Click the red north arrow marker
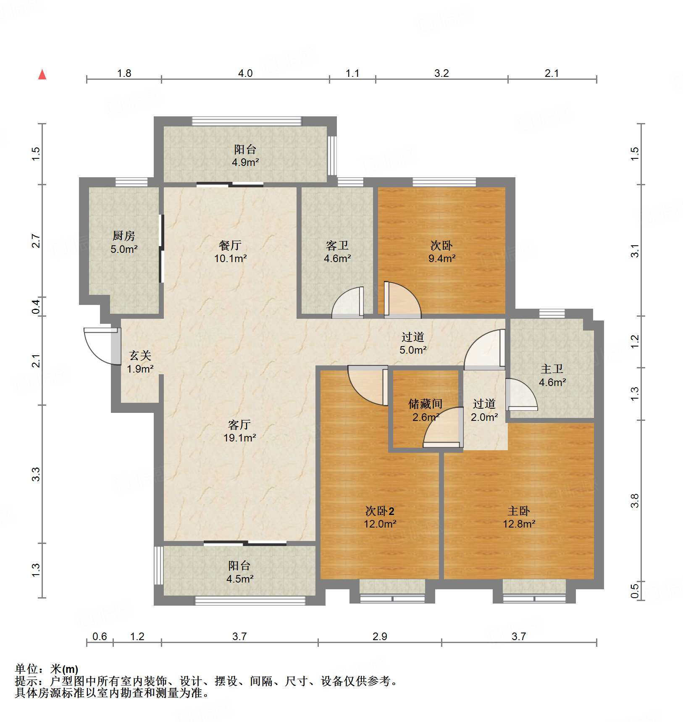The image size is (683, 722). pyautogui.click(x=42, y=75)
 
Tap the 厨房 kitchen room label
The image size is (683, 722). pyautogui.click(x=124, y=242)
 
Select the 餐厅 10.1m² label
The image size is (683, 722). pyautogui.click(x=230, y=252)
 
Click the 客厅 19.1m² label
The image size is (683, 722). pyautogui.click(x=239, y=431)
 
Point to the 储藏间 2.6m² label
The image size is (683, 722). pyautogui.click(x=425, y=410)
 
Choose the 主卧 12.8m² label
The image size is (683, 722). pyautogui.click(x=519, y=517)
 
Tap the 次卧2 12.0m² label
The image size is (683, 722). pyautogui.click(x=380, y=517)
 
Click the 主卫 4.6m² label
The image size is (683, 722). pyautogui.click(x=552, y=375)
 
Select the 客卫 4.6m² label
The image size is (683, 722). pyautogui.click(x=337, y=252)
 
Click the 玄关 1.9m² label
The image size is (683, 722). pyautogui.click(x=140, y=362)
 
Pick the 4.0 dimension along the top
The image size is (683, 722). pyautogui.click(x=245, y=73)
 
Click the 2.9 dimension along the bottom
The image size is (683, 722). pyautogui.click(x=380, y=636)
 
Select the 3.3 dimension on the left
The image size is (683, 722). pyautogui.click(x=36, y=474)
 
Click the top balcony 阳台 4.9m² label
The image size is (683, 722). pyautogui.click(x=245, y=155)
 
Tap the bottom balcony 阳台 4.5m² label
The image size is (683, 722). pyautogui.click(x=239, y=572)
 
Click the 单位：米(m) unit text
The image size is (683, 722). pyautogui.click(x=47, y=669)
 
